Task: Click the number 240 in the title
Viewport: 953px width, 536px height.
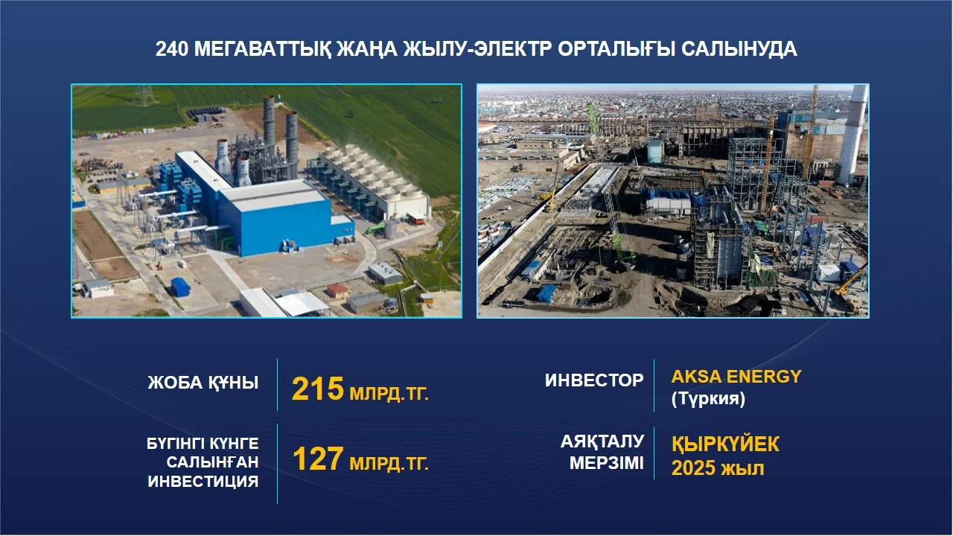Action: click(171, 49)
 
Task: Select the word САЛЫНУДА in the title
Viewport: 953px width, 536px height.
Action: click(739, 49)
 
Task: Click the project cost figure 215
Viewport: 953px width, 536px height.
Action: click(317, 389)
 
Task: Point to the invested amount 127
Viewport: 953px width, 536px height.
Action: click(317, 459)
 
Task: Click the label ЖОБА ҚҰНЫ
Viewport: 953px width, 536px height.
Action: click(203, 383)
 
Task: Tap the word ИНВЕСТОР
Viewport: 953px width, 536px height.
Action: click(594, 380)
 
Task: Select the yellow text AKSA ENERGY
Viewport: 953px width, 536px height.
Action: click(736, 377)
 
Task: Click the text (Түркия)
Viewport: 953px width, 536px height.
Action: click(708, 399)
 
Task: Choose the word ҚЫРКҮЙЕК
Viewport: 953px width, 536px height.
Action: click(725, 444)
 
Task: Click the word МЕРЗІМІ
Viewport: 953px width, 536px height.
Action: click(607, 463)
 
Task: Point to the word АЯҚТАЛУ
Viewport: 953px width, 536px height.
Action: click(602, 442)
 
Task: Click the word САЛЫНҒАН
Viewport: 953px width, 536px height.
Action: click(212, 462)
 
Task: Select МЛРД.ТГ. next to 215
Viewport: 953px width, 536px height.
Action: click(389, 394)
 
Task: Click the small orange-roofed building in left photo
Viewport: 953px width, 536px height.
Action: click(338, 290)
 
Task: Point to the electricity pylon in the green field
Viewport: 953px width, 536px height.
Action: click(144, 95)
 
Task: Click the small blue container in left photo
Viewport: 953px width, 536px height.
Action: click(180, 287)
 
